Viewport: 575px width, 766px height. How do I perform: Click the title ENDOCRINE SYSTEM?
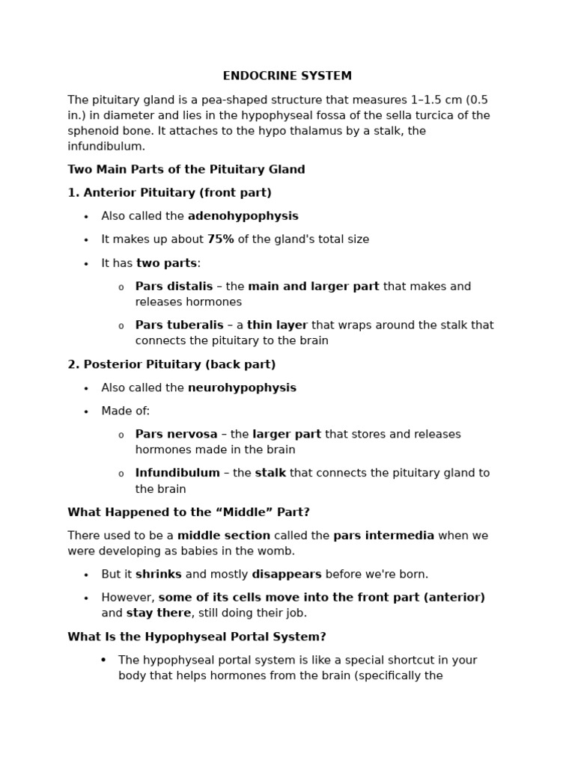point(287,76)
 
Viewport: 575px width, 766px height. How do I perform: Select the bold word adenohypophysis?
point(243,216)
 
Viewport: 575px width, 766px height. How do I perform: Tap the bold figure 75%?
point(220,239)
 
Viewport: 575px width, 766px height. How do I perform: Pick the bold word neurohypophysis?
point(242,387)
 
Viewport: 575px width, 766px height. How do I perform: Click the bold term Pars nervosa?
point(176,434)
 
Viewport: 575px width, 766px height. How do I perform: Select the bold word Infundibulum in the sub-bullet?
point(177,473)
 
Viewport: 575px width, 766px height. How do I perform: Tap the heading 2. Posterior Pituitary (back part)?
point(171,364)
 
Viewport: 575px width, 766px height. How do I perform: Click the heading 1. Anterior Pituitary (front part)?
point(169,193)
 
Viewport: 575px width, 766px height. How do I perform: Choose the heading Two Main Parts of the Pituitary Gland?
point(186,170)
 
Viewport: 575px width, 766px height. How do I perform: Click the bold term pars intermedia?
point(383,536)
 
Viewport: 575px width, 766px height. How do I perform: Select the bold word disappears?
point(286,574)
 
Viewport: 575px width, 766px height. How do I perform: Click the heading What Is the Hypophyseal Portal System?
point(196,637)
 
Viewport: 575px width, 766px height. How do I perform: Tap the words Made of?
point(126,411)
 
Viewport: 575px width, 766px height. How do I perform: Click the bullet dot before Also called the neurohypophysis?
point(86,388)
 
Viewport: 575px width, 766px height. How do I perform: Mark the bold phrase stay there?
point(159,613)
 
